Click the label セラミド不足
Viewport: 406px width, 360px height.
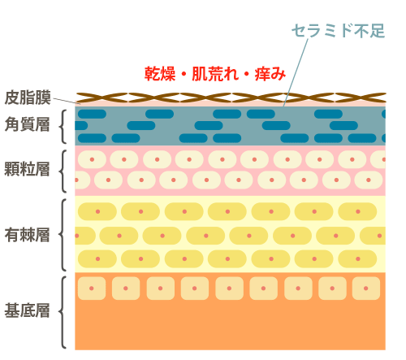point(338,31)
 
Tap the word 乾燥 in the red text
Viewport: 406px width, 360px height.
point(160,74)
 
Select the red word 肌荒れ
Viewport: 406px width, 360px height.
point(215,74)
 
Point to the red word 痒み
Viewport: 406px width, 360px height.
point(270,74)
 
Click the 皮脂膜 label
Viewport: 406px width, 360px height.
point(28,98)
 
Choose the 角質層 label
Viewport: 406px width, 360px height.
point(28,124)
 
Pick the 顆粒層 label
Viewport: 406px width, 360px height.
point(27,169)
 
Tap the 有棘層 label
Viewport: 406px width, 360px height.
point(28,235)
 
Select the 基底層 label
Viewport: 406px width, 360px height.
point(28,310)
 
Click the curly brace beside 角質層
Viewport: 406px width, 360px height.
point(61,127)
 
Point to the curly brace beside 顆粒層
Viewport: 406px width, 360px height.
point(61,171)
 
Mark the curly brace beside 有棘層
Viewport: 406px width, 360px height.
point(61,235)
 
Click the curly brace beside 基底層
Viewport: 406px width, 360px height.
point(61,312)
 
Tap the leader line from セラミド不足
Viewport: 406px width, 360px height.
point(296,72)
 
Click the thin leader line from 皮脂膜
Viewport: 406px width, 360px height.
point(67,101)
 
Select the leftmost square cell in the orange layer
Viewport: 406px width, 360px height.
point(92,288)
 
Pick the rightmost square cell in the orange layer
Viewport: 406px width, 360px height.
point(366,288)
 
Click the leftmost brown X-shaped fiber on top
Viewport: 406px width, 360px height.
point(101,98)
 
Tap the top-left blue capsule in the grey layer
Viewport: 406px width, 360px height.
point(92,114)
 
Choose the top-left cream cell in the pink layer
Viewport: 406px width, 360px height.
point(92,159)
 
